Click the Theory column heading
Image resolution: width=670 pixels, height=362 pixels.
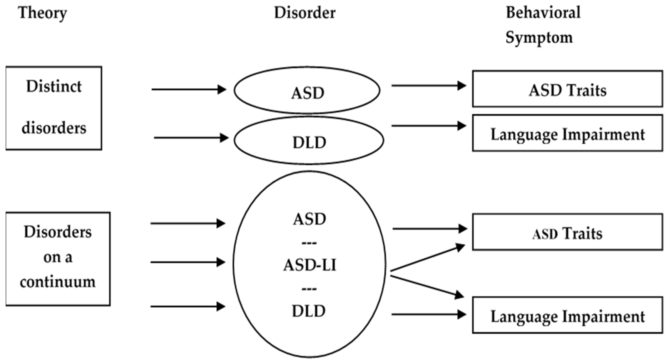coord(42,13)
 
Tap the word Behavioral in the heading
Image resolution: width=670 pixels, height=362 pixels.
coord(543,12)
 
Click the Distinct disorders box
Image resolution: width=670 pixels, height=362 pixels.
coord(54,108)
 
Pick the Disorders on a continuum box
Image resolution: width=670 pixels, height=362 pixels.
coord(58,259)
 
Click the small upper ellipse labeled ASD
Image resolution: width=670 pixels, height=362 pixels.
coord(307,90)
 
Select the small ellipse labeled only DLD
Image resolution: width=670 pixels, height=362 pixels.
coord(309,141)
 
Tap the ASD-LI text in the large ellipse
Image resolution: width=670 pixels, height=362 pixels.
coord(309,265)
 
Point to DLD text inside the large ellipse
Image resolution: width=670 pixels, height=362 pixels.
coord(309,311)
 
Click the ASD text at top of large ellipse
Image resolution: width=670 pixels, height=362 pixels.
coord(309,219)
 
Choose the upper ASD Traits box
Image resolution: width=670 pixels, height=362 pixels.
coord(567,89)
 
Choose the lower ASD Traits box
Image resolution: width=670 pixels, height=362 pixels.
coord(567,232)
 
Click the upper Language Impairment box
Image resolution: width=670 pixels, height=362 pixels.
coord(567,133)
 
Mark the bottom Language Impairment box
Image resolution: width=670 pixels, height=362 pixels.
coord(567,315)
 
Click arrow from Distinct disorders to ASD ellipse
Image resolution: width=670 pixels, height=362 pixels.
coord(189,89)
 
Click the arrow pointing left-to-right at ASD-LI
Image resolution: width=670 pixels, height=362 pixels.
coord(187,262)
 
